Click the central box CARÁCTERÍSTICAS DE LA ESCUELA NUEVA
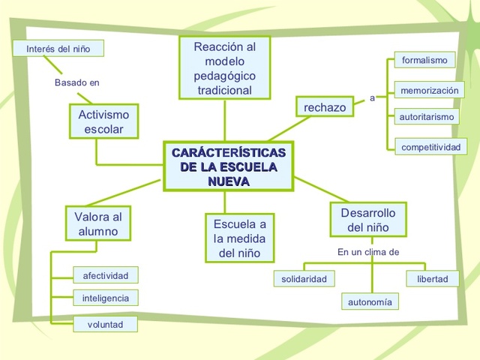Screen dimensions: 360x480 229,167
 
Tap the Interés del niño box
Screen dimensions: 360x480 58,49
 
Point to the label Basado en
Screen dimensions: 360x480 76,82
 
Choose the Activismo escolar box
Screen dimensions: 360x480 103,122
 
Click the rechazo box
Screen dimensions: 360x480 325,108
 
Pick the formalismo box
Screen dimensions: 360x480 424,60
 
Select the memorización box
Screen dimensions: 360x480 429,90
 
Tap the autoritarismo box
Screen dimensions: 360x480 426,118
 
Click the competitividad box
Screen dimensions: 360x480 430,147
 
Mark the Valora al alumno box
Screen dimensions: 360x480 97,224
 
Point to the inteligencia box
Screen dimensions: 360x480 106,298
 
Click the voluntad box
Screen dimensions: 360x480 106,325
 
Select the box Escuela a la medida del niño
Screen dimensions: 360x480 239,238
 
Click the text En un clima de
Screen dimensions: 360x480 368,252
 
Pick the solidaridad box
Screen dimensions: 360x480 304,279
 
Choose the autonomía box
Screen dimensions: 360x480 370,302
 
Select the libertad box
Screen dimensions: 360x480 433,279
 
